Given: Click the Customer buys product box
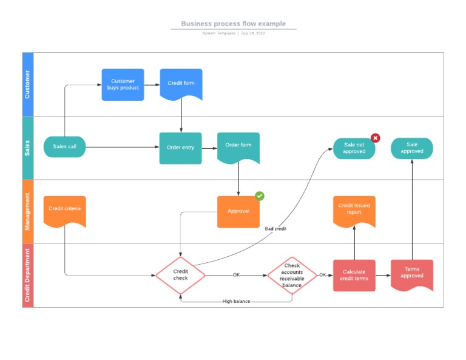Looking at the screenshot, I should click(x=123, y=84).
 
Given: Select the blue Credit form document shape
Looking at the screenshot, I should click(x=181, y=84).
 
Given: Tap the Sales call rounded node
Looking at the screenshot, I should click(x=64, y=147).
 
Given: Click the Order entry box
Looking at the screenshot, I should click(x=180, y=148).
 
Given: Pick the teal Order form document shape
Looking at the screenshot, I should click(x=238, y=146).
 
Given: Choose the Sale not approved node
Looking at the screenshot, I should click(x=354, y=148).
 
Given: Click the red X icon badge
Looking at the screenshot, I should click(x=375, y=138).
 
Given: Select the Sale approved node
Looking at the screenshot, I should click(x=411, y=148).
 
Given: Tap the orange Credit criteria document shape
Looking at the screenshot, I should click(x=64, y=210).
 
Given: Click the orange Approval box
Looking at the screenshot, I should click(x=238, y=211).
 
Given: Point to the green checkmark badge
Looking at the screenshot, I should click(x=259, y=196).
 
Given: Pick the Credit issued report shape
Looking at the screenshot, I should click(x=354, y=210).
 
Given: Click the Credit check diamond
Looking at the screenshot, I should click(x=180, y=275).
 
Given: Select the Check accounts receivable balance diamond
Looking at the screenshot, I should click(x=292, y=275).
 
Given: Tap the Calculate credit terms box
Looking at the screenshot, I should click(x=354, y=275).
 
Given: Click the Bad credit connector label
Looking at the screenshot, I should click(x=275, y=229).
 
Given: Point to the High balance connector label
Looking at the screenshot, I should click(x=236, y=301).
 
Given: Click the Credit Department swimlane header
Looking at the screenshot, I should click(x=28, y=275).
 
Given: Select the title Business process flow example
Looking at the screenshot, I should click(x=233, y=24).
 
